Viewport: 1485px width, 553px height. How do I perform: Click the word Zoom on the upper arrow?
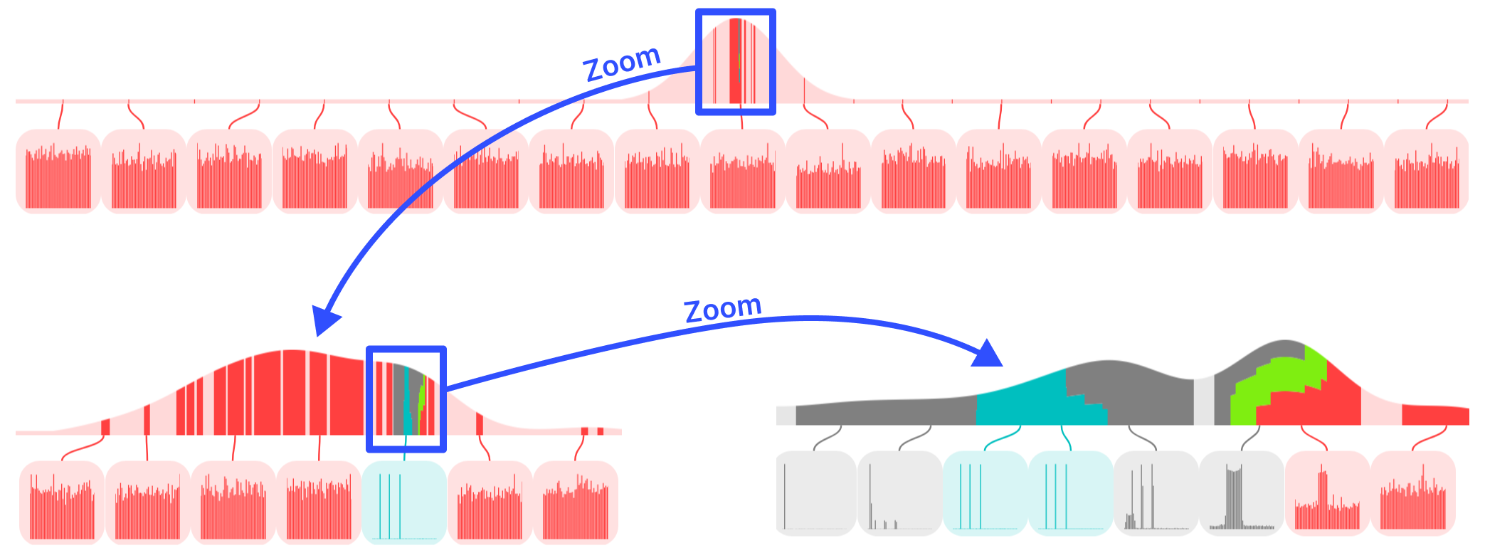622,63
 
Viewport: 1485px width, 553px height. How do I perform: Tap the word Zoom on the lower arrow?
722,308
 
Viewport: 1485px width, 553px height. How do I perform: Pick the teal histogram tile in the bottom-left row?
404,502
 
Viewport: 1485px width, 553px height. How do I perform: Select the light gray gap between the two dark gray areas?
1203,402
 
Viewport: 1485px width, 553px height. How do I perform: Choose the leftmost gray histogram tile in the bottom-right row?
815,493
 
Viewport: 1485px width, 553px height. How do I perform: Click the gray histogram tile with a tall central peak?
1242,493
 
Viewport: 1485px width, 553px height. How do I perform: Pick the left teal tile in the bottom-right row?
985,493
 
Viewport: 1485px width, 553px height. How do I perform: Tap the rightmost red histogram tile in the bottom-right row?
1413,493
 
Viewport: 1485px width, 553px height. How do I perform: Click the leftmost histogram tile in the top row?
58,171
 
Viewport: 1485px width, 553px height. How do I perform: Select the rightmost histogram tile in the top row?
1427,171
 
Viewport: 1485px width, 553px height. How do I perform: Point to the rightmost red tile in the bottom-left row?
576,502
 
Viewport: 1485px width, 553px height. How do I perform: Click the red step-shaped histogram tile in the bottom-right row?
1327,493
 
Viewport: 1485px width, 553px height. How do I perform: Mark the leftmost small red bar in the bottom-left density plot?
105,427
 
